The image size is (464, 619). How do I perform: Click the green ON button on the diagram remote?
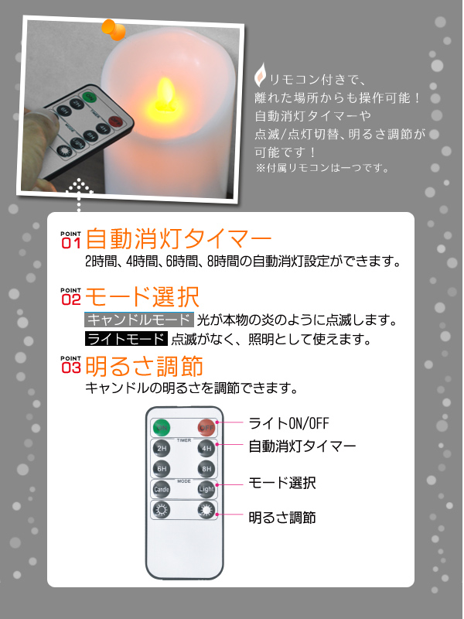[162, 428]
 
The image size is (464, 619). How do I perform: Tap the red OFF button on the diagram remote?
[206, 428]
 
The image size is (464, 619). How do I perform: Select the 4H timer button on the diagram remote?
[206, 449]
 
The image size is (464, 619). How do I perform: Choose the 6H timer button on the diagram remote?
[162, 469]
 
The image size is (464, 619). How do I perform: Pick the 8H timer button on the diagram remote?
[206, 469]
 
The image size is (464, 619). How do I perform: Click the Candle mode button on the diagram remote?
[162, 490]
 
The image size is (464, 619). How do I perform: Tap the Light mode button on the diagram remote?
[206, 490]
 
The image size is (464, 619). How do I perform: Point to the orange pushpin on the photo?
[114, 29]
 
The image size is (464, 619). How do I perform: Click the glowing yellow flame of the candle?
[165, 94]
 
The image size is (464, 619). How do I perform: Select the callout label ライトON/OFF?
[288, 423]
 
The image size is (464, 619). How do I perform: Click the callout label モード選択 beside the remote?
[282, 483]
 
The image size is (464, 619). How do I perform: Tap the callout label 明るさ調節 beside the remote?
[282, 518]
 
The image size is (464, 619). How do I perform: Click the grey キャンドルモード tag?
[139, 320]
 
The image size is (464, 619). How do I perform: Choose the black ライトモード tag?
[126, 339]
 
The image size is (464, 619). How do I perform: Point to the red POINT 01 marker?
[71, 240]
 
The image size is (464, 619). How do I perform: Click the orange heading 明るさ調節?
[145, 366]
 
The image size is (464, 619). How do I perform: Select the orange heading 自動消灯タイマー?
[179, 238]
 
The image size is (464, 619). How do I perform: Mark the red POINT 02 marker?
[71, 296]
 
